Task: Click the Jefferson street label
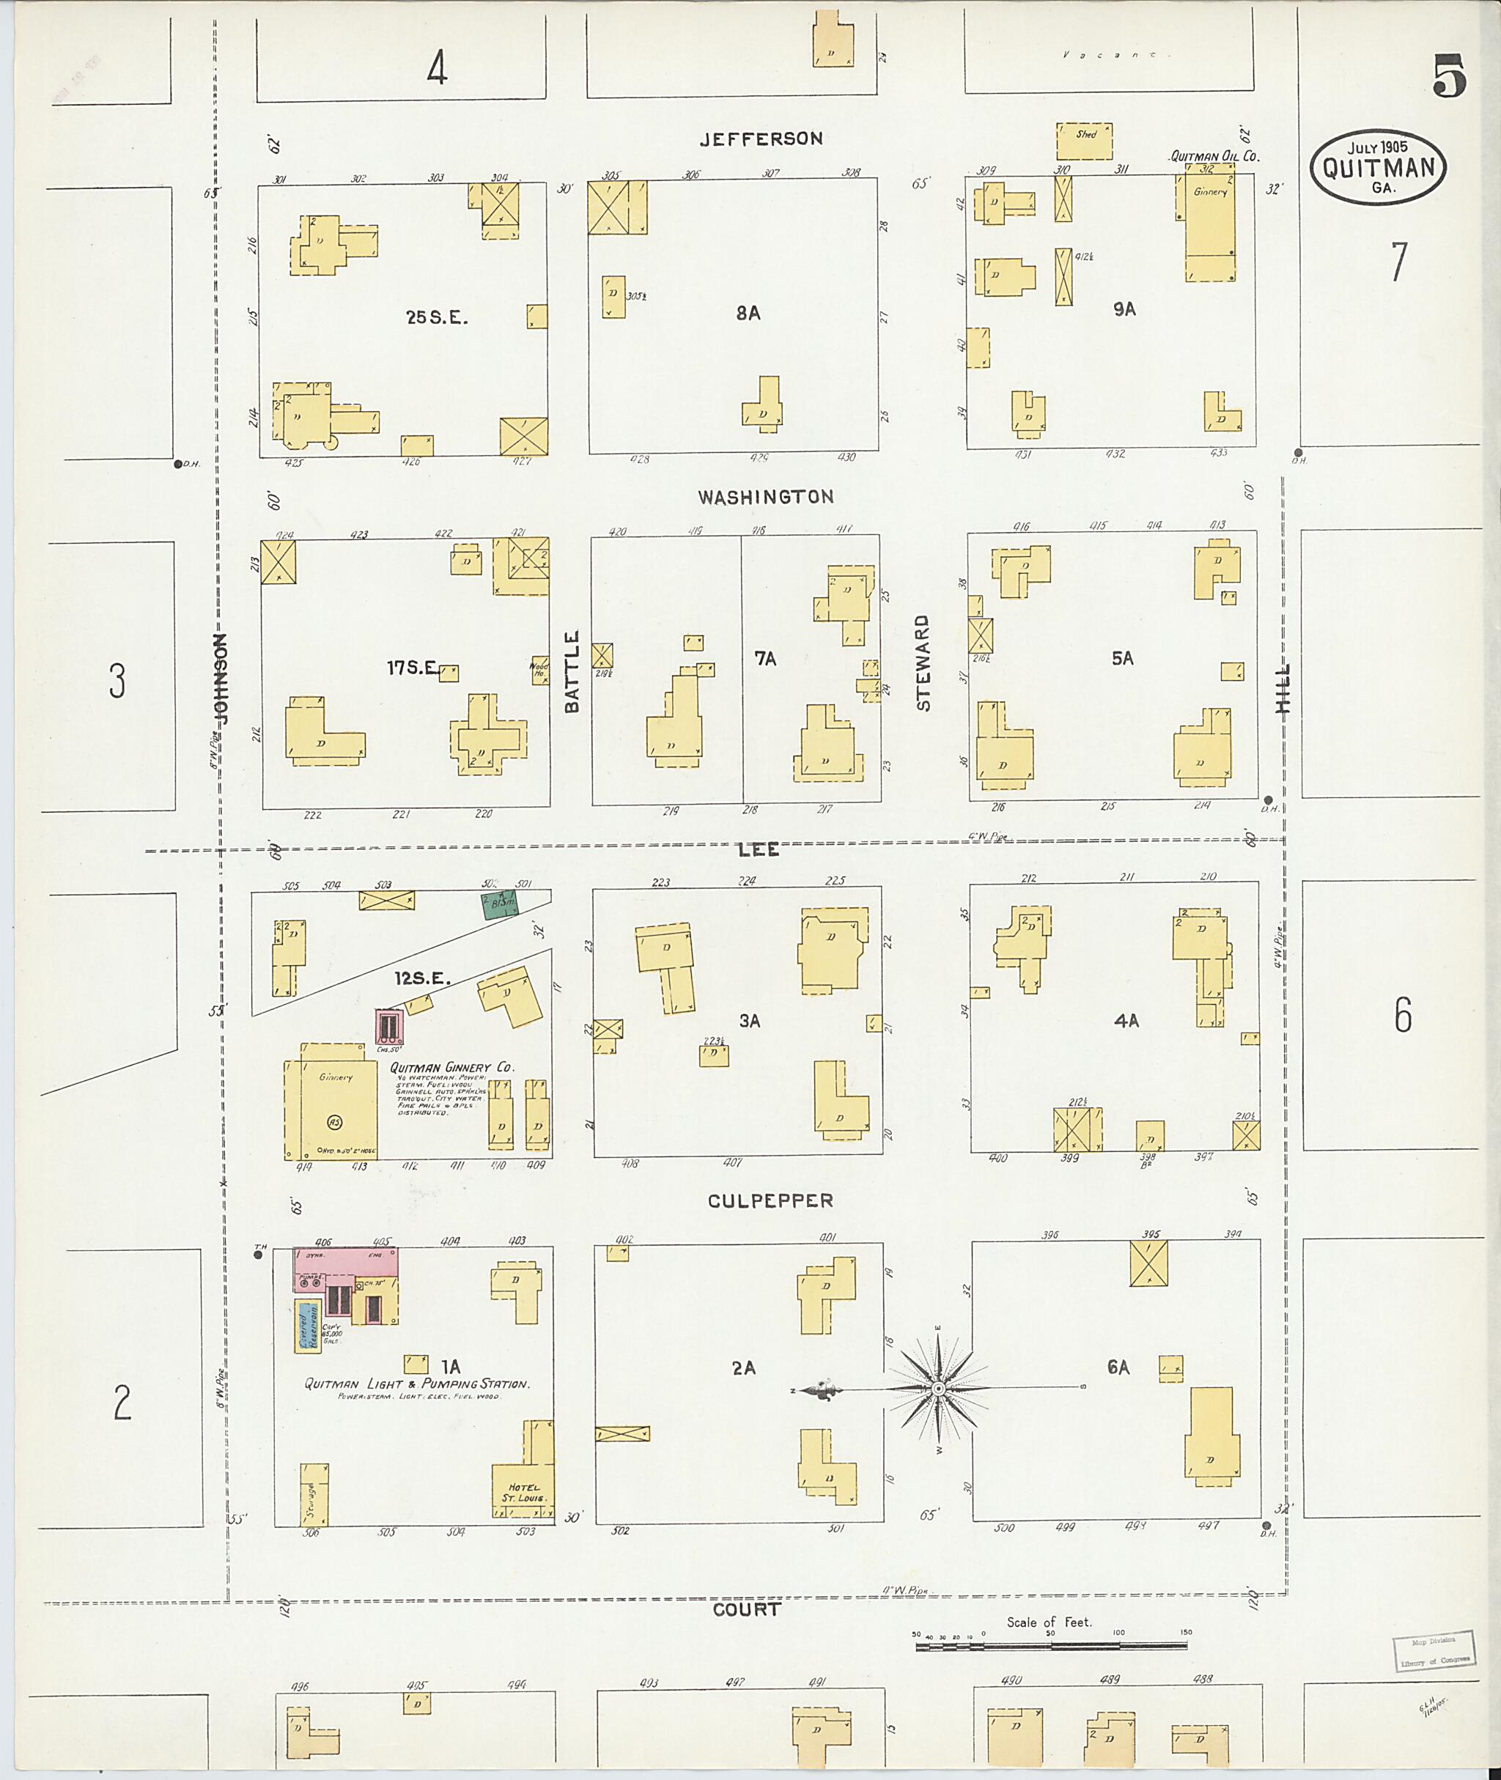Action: tap(761, 139)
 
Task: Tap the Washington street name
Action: tap(765, 497)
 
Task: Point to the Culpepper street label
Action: tap(770, 1200)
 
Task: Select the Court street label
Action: tap(746, 1609)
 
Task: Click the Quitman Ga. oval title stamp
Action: tap(1379, 169)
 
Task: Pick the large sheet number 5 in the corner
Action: tap(1449, 75)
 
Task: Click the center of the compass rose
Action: tap(937, 1389)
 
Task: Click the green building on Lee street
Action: tap(502, 904)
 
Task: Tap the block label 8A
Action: tap(748, 313)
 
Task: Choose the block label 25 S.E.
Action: tap(437, 317)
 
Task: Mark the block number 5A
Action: tap(1122, 658)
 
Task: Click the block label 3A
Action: tap(749, 1020)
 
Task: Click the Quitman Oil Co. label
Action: tap(1214, 157)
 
